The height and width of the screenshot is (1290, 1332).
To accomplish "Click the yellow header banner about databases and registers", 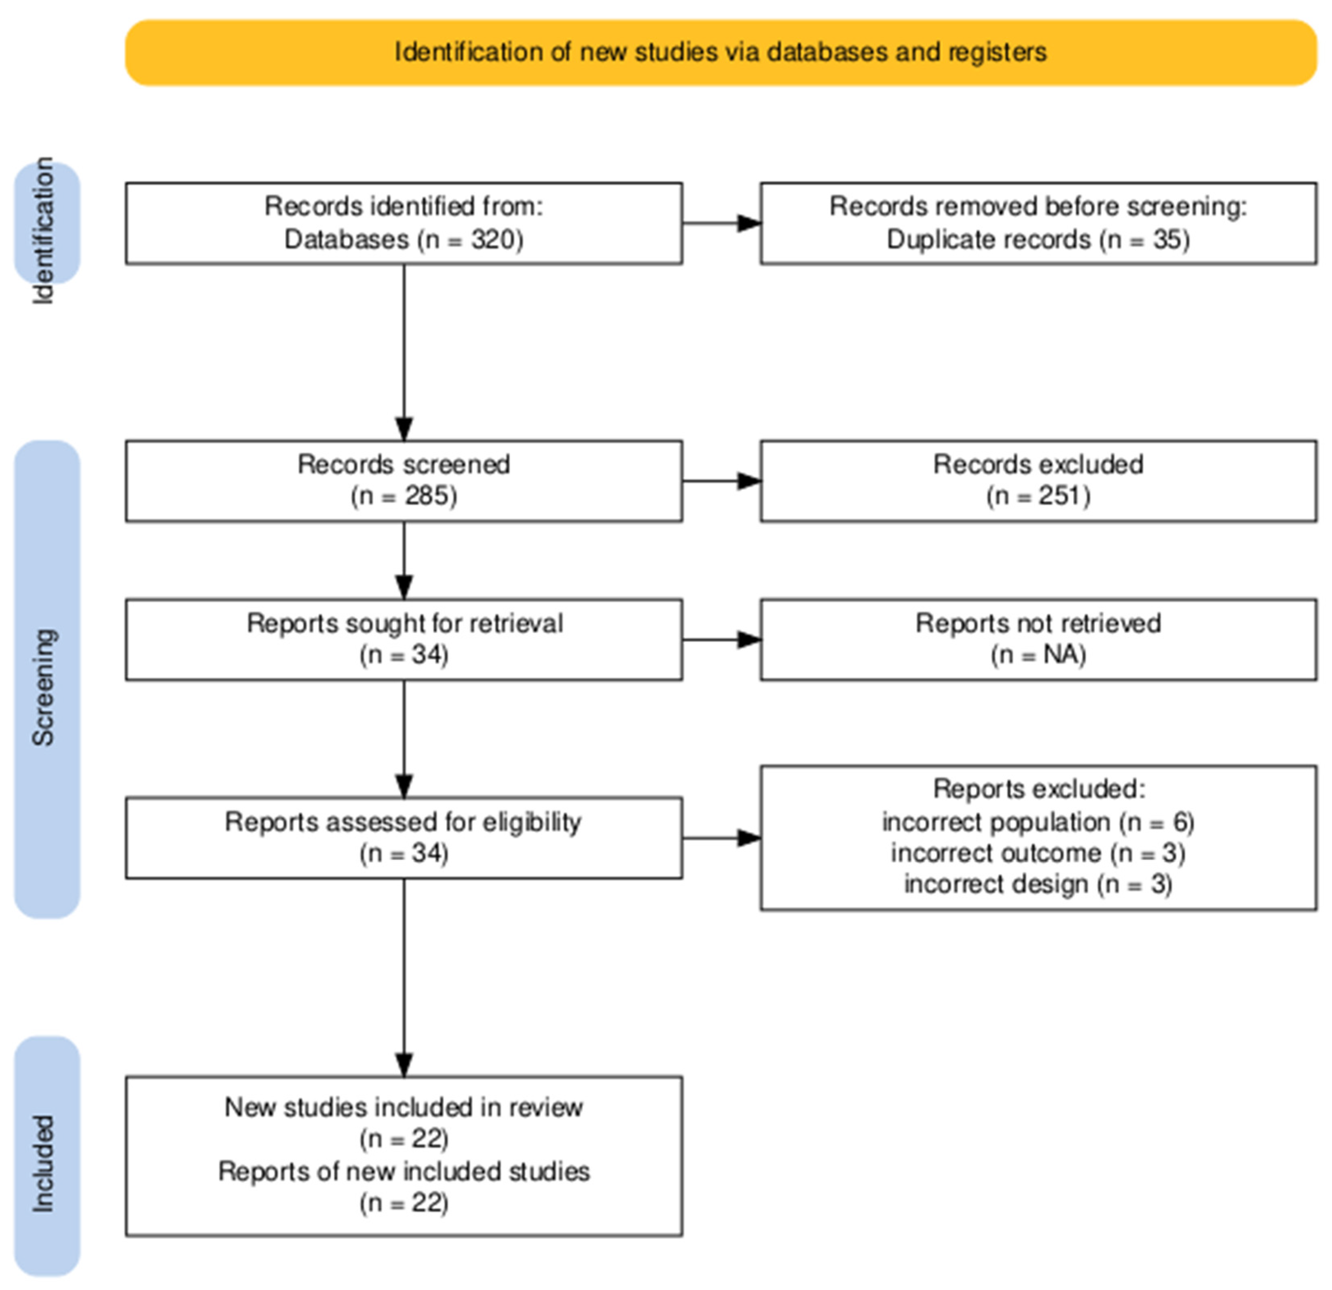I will click(720, 52).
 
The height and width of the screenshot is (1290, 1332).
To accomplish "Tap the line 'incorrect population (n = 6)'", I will click(1038, 822).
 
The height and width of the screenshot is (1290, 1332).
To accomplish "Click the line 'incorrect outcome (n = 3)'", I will click(1038, 853).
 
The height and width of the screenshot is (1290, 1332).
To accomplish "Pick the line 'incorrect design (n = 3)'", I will click(1038, 884).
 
